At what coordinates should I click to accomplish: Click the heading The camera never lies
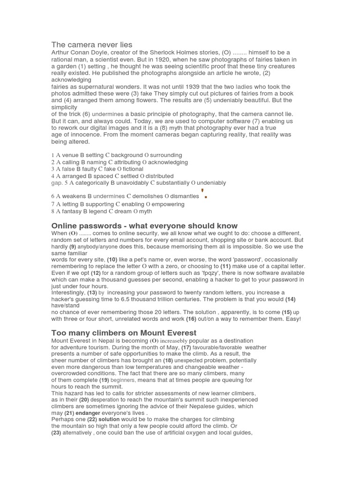(92, 45)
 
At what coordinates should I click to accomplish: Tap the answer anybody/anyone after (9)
(98, 247)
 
